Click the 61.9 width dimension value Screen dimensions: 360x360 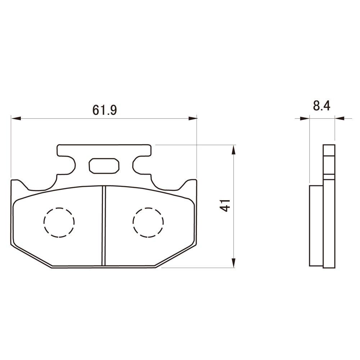[x=104, y=110]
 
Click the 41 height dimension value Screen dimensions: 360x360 [x=226, y=206]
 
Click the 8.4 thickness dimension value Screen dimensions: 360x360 [x=321, y=106]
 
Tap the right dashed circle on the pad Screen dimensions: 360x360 [x=148, y=222]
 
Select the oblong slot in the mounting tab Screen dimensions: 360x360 [x=104, y=166]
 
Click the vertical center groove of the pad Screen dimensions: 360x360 [x=104, y=226]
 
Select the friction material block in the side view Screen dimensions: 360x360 [x=316, y=225]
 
